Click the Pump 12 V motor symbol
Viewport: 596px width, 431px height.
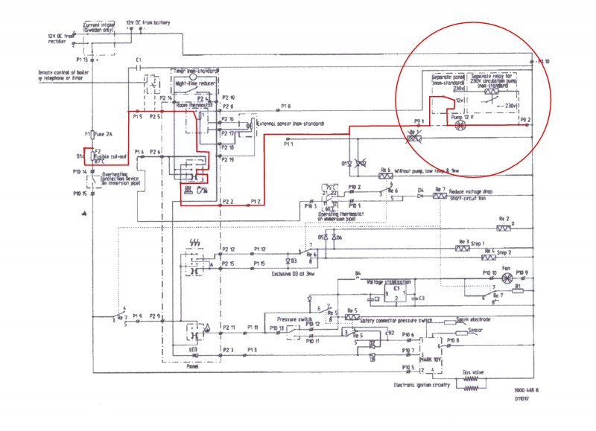[459, 126]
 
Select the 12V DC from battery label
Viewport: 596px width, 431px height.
[149, 23]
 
